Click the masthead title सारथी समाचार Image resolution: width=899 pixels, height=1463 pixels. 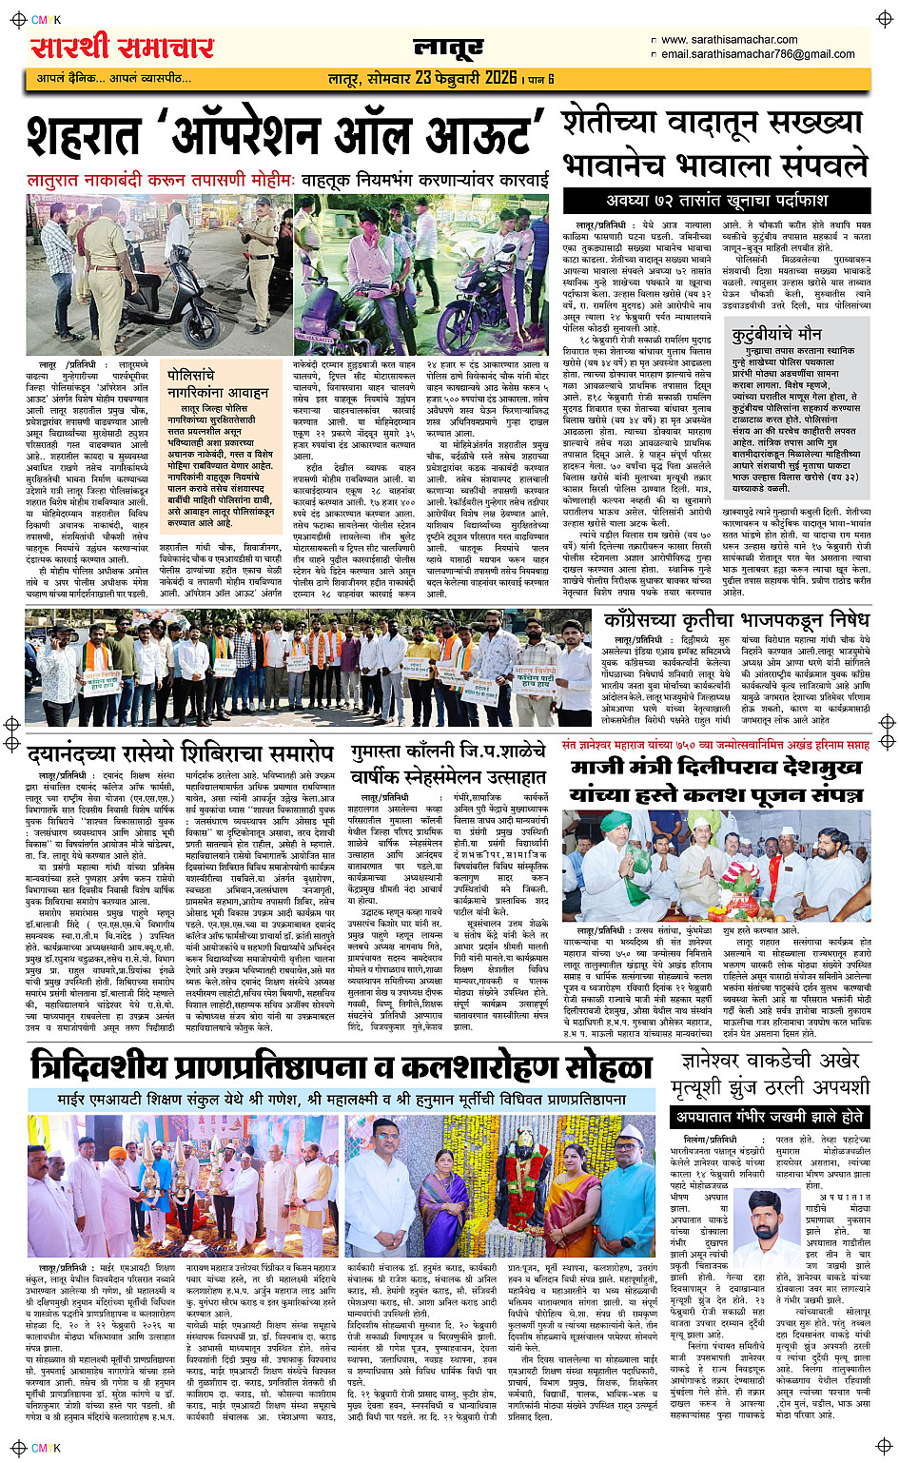point(123,48)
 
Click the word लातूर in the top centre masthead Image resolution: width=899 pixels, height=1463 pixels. point(448,48)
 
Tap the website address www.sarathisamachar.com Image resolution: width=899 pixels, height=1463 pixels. point(729,40)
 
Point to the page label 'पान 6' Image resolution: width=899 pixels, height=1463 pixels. point(541,79)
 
